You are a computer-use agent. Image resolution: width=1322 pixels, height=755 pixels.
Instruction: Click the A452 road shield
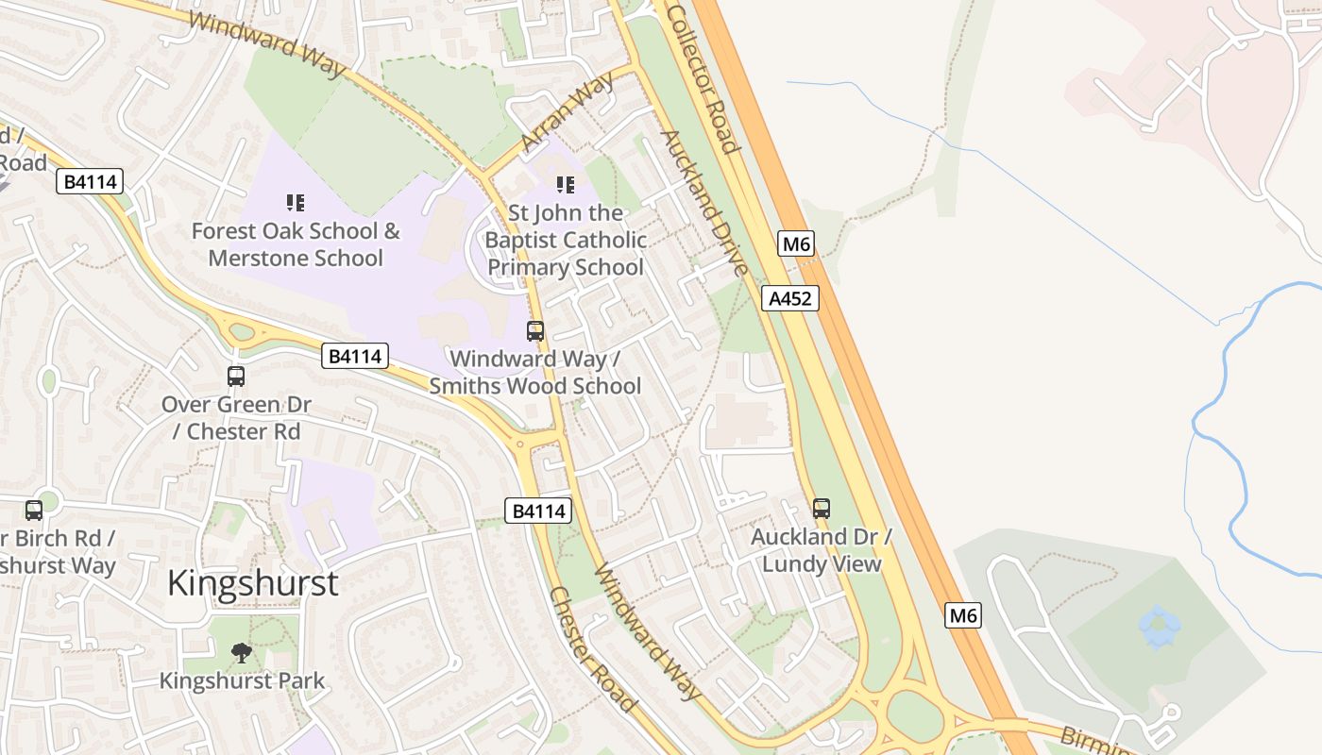[x=789, y=298]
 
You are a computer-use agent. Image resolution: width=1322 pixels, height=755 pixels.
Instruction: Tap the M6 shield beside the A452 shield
[x=796, y=244]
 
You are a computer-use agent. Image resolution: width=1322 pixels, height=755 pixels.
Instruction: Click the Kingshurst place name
[x=252, y=582]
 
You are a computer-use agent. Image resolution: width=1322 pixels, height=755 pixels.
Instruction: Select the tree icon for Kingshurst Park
[x=242, y=652]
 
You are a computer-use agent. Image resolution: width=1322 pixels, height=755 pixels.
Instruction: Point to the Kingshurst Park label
[x=242, y=680]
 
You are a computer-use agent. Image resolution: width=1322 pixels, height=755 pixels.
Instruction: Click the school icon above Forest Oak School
[x=296, y=202]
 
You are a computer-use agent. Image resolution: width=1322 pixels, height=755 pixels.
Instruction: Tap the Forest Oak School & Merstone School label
[x=296, y=244]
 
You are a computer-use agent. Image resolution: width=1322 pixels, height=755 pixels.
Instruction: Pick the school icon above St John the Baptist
[x=565, y=184]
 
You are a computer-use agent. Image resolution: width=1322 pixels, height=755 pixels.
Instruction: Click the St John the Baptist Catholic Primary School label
[x=566, y=240]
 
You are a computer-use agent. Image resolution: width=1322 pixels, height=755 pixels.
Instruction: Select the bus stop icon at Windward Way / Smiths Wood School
[x=535, y=330]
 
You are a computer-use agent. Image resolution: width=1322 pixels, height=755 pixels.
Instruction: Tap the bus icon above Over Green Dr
[x=236, y=376]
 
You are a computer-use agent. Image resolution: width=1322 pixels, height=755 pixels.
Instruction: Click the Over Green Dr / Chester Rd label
[x=236, y=418]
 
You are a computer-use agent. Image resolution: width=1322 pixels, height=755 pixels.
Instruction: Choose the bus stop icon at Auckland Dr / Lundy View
[x=822, y=508]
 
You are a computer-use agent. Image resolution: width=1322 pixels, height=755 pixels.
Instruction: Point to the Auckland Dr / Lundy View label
[x=822, y=550]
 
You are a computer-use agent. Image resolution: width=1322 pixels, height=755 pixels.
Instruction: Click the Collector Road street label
[x=700, y=77]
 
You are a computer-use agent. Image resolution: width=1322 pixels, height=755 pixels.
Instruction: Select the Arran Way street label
[x=568, y=110]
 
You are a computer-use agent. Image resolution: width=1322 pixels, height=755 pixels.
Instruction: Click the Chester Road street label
[x=591, y=649]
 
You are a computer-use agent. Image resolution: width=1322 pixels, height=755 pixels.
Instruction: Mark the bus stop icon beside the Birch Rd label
[x=34, y=510]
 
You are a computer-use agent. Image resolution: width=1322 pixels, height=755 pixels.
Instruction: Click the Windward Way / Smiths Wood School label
[x=535, y=372]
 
